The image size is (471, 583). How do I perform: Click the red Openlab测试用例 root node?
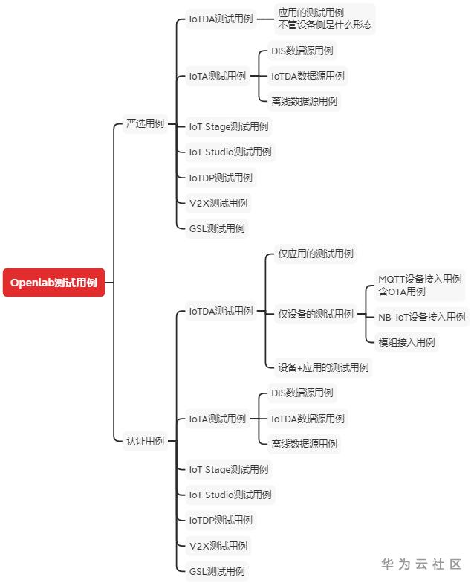(53, 283)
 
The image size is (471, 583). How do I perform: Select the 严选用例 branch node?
(146, 123)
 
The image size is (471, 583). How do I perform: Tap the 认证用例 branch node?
(146, 441)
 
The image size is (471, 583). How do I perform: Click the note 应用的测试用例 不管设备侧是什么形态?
(325, 19)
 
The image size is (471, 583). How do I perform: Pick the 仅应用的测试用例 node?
(316, 254)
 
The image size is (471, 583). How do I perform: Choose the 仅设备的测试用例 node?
(316, 314)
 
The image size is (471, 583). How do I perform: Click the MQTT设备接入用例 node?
(420, 286)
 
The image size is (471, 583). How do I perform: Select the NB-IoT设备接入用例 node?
(422, 317)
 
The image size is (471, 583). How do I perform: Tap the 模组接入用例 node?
(406, 342)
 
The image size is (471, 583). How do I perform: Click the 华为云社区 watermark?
(421, 564)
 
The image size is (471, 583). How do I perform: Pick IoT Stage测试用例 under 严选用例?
(229, 126)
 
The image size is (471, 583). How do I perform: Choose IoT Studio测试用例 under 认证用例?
(230, 495)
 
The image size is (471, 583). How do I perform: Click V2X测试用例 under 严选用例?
(218, 204)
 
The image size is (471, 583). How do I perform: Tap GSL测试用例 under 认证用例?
(217, 571)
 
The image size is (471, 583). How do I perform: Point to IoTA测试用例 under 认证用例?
(218, 419)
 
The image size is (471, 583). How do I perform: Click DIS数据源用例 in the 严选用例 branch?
(302, 51)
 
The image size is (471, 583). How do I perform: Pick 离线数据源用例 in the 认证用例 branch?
(305, 444)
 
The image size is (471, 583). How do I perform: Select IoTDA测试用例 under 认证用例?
(221, 311)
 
